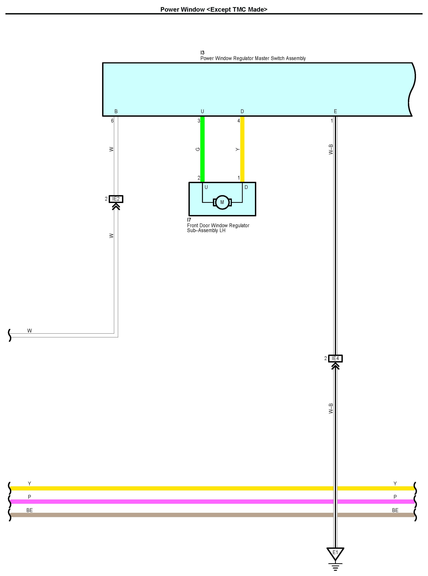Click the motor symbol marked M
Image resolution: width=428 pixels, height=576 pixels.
coord(222,202)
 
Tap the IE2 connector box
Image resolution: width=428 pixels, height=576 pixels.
coord(116,199)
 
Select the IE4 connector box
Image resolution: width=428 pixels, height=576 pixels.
coord(335,358)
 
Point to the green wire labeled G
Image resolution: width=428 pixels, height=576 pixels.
coord(202,149)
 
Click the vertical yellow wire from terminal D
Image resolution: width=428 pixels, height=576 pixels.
coord(242,149)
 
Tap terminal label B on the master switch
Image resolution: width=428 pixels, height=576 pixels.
coord(116,111)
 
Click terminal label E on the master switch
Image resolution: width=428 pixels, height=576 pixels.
coord(335,111)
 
